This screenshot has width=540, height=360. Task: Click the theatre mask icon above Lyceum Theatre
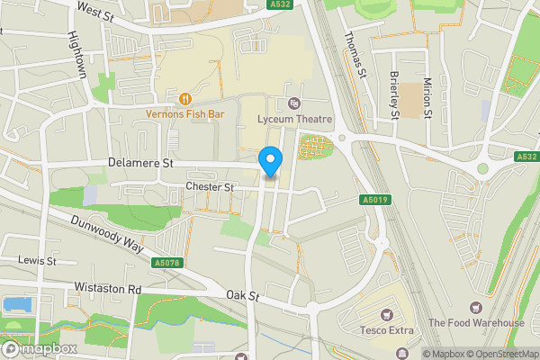[293, 103]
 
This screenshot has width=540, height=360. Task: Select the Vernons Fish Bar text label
[186, 113]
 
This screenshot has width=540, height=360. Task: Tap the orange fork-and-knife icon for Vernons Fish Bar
[185, 98]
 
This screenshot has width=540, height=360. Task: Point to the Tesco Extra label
[388, 330]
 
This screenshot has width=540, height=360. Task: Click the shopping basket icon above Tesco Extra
[388, 314]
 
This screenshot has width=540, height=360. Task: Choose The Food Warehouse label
[476, 323]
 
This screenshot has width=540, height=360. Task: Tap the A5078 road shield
[167, 263]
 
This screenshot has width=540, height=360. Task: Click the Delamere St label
[139, 164]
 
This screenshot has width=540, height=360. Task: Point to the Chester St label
[209, 187]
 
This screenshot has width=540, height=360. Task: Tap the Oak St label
[243, 295]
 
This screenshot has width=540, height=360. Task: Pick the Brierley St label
[394, 94]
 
